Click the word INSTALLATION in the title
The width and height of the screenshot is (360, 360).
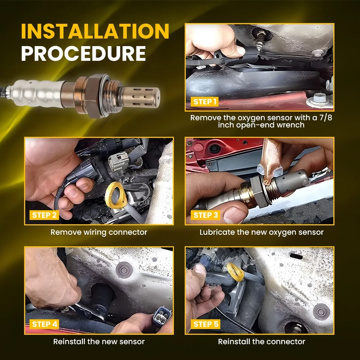point(95,31)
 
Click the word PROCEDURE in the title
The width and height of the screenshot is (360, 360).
point(84,54)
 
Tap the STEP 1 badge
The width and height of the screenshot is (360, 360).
point(205,102)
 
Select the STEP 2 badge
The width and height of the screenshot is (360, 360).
point(44,215)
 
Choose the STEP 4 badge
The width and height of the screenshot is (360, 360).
point(44,324)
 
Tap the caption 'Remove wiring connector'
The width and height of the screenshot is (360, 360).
point(99,232)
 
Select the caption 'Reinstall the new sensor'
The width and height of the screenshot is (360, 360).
point(99,342)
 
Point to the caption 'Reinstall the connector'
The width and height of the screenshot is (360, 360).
point(261,342)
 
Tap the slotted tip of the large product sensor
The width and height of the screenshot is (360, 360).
point(141,97)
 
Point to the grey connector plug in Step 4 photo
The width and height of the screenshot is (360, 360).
point(162,316)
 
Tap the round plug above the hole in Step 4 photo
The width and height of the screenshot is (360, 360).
point(124,270)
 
